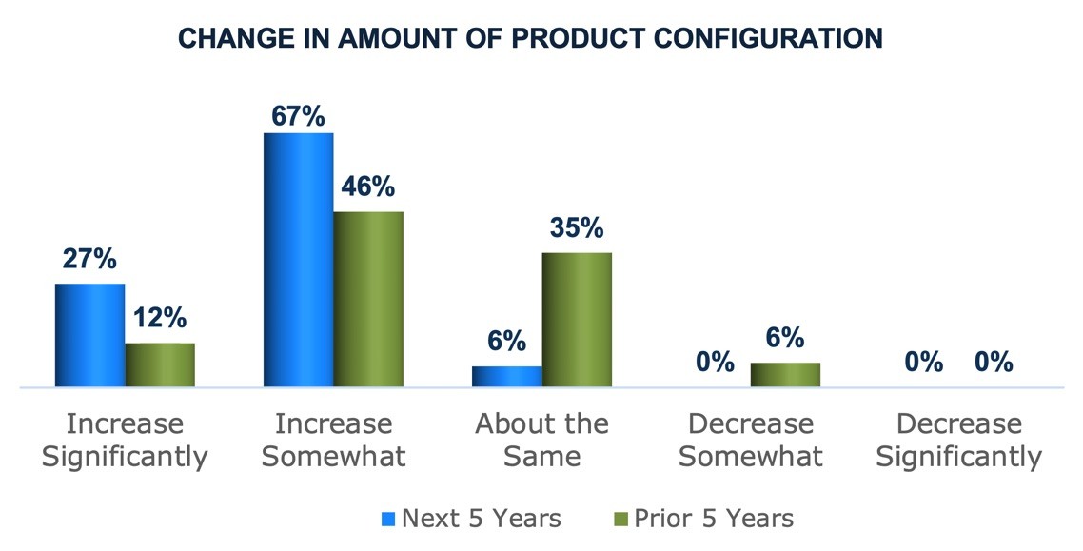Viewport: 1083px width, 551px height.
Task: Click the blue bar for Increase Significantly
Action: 89,335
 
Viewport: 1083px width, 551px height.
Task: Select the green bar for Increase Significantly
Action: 160,364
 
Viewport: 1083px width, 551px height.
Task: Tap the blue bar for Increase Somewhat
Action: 299,260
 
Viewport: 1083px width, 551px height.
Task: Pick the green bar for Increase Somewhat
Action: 368,299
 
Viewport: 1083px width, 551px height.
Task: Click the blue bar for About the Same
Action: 507,376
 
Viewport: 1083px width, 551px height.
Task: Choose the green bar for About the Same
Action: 577,320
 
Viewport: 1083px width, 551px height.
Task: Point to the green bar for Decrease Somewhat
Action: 785,375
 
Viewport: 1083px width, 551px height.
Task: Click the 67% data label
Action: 299,117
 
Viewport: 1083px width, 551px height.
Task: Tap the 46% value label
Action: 368,186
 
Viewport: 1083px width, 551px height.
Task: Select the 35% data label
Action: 577,227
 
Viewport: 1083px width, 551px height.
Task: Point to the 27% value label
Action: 89,259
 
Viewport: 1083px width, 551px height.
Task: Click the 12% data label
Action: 160,318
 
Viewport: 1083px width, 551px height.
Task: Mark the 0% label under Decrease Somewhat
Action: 716,361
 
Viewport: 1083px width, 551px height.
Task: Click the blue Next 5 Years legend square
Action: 388,519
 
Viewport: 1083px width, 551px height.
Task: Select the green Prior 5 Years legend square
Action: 620,519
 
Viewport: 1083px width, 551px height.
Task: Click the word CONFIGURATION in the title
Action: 768,38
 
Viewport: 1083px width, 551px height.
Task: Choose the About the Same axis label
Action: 542,440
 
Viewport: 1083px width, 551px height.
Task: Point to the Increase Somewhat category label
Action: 334,440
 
